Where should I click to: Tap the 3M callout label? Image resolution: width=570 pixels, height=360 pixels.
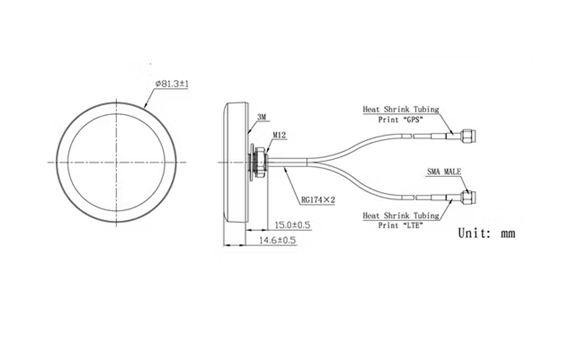261,117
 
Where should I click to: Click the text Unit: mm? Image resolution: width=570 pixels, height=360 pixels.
487,233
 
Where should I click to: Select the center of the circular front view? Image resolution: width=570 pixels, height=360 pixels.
121,162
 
